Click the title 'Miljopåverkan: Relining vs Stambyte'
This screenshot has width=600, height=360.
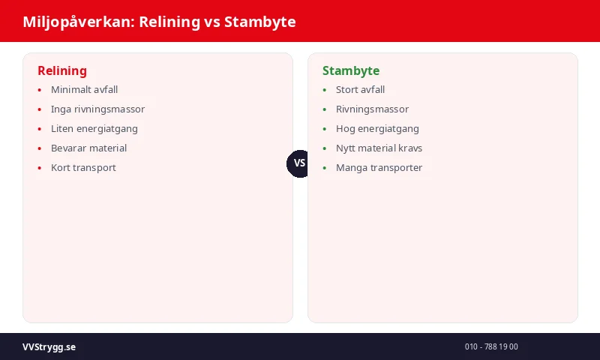click(x=159, y=22)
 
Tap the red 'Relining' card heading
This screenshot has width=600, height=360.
click(x=62, y=70)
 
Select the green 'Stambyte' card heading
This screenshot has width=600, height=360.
click(x=350, y=70)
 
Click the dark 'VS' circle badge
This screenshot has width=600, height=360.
click(x=300, y=163)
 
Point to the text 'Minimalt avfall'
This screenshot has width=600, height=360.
click(x=84, y=90)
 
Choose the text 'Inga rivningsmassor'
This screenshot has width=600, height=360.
click(x=97, y=109)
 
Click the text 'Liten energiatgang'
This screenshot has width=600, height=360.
click(x=94, y=129)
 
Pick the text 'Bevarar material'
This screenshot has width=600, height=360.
click(x=88, y=148)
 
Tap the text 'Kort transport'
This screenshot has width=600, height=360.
click(x=83, y=168)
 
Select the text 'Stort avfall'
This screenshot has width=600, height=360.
click(x=360, y=90)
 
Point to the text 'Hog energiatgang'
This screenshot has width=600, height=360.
click(x=377, y=129)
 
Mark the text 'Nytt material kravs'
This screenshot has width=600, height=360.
click(x=379, y=148)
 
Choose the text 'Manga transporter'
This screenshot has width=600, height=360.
click(x=379, y=168)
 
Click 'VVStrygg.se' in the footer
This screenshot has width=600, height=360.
click(x=49, y=347)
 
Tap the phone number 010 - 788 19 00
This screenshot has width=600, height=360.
click(x=491, y=347)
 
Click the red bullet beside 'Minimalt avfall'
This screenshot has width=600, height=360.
click(x=40, y=90)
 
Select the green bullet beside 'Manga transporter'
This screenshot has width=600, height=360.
click(x=325, y=168)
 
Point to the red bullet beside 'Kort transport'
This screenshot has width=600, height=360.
click(x=40, y=168)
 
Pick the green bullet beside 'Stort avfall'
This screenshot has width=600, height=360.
click(x=325, y=90)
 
